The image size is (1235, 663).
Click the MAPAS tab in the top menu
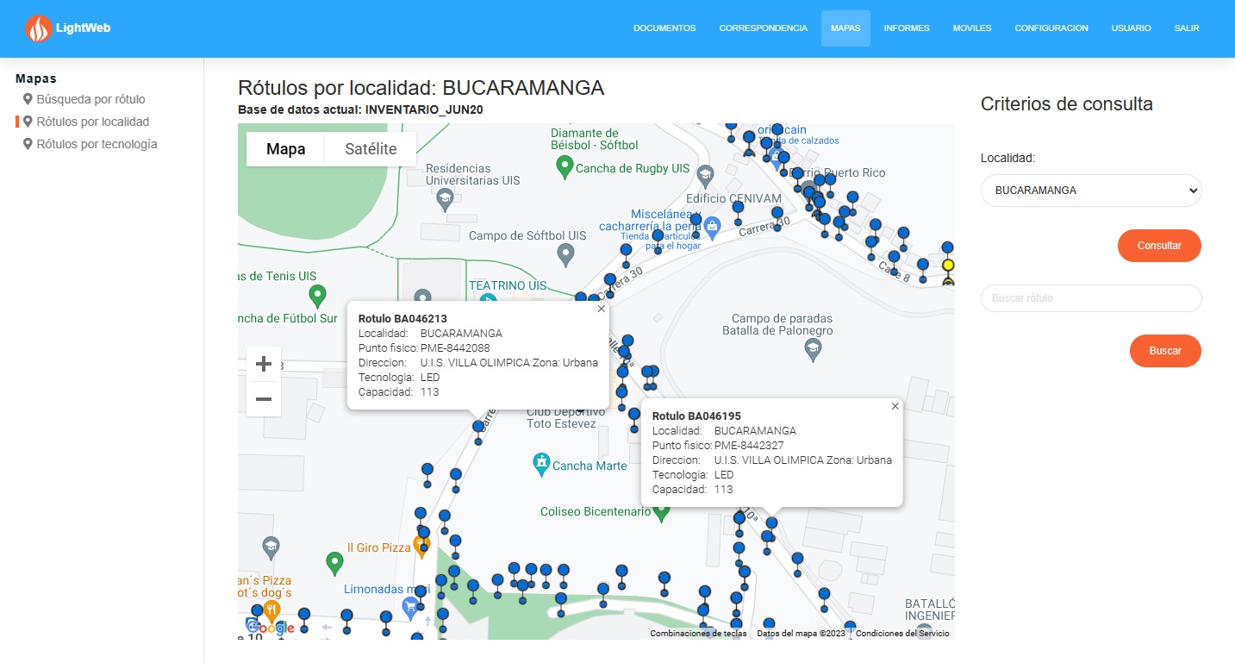845,28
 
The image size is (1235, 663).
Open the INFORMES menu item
907,28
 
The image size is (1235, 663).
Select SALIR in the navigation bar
1187,28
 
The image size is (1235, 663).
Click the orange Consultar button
1159,246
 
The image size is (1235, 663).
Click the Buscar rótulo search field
1091,298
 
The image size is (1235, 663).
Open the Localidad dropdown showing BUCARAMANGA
1091,191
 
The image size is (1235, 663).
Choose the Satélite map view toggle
371,149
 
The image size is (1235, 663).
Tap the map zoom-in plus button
264,364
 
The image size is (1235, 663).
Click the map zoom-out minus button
264,399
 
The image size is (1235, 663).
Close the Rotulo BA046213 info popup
602,309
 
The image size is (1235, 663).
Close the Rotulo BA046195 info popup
895,406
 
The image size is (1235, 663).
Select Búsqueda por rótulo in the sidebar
90,99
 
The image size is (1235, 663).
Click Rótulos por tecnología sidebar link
97,144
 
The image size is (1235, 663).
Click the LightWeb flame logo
39,29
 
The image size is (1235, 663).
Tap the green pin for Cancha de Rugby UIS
565,167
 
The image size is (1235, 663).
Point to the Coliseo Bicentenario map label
595,512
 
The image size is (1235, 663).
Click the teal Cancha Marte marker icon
541,464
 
